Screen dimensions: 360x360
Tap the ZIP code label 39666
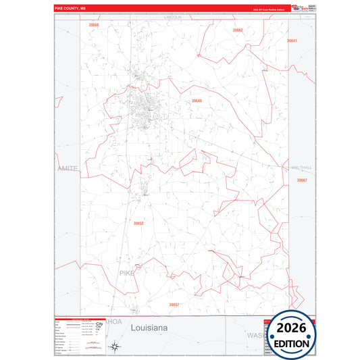point(93,25)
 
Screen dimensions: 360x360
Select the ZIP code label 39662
point(237,30)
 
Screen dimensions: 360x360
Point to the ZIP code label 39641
point(292,41)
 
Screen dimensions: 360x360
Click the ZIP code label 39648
point(197,101)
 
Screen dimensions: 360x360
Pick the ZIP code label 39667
point(301,180)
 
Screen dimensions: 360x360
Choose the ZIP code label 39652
point(138,223)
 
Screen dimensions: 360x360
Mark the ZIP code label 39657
point(174,305)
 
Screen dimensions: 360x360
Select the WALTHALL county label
point(299,167)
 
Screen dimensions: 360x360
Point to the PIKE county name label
point(127,273)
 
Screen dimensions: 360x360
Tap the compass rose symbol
point(115,347)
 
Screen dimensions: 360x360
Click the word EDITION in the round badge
point(292,342)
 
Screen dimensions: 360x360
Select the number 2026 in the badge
point(292,328)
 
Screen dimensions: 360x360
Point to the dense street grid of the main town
point(145,108)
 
